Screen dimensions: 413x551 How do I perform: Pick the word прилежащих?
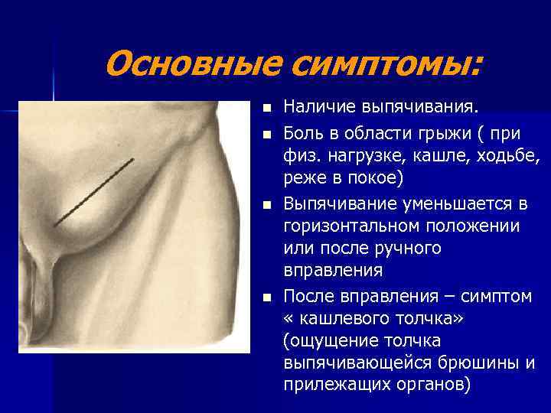click(333, 385)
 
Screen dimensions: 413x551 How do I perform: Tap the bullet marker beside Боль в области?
click(266, 135)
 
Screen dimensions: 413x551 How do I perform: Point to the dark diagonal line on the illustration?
click(95, 191)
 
